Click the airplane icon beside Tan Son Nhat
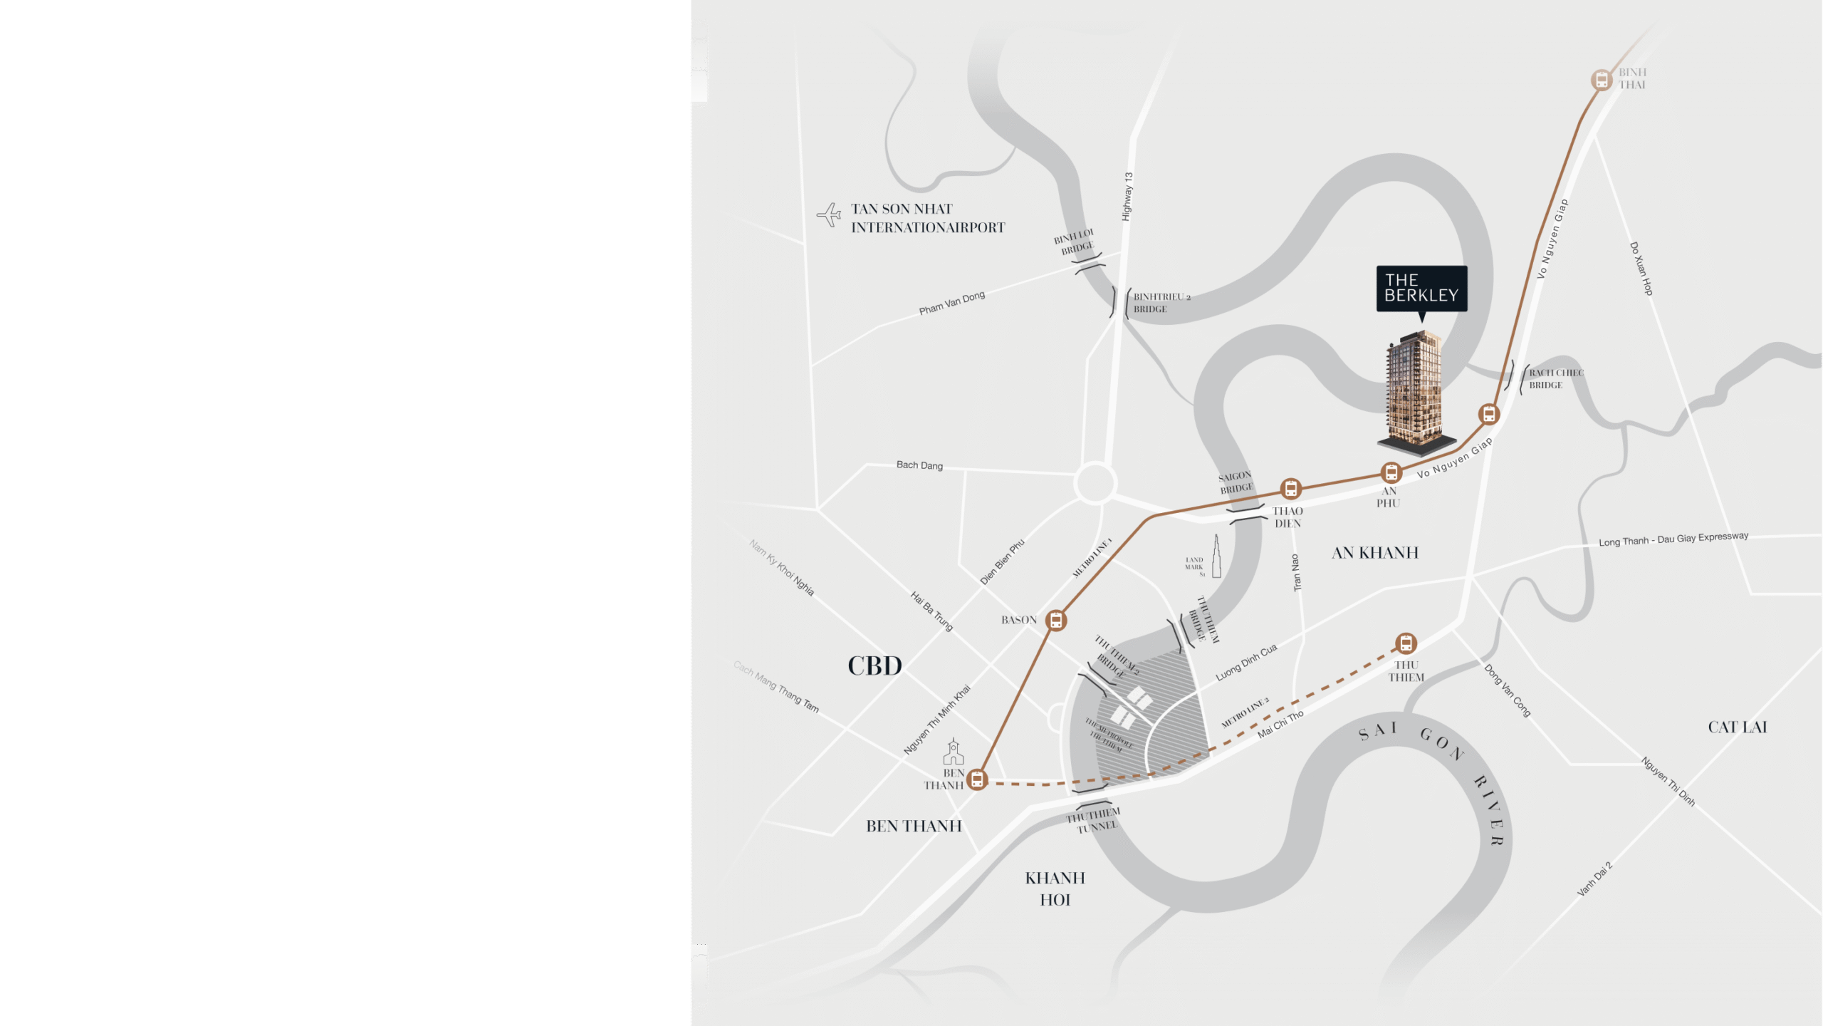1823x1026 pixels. (x=829, y=214)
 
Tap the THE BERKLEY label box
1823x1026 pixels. (x=1421, y=289)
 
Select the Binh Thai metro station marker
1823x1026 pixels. (x=1602, y=80)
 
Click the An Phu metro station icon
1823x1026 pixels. (x=1391, y=472)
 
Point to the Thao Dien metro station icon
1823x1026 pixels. (x=1290, y=489)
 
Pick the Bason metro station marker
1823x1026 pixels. (x=1056, y=621)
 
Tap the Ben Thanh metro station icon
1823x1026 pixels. (x=978, y=779)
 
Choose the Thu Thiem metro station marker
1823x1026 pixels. (x=1406, y=643)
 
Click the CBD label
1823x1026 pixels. (x=874, y=666)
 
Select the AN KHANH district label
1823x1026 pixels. (x=1375, y=553)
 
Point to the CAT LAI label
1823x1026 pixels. (x=1737, y=727)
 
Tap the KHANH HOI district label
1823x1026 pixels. (x=1055, y=888)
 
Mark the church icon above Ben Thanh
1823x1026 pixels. (x=954, y=752)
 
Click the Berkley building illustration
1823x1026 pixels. (x=1414, y=392)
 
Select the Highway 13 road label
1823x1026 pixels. (x=1127, y=197)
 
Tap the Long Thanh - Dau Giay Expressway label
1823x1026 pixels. (x=1673, y=539)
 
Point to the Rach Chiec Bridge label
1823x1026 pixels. (x=1555, y=379)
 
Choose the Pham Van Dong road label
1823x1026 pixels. (x=951, y=303)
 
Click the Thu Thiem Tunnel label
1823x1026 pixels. (x=1093, y=819)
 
